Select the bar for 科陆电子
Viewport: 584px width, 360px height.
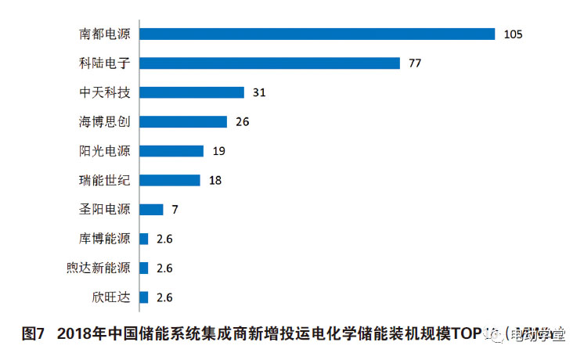[269, 63]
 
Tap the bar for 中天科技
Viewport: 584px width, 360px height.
[192, 92]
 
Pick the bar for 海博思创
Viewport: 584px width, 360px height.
[183, 122]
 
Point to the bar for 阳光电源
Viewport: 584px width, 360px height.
[171, 151]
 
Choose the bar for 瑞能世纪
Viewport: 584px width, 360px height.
[170, 180]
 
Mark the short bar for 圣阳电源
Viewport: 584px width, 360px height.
[151, 210]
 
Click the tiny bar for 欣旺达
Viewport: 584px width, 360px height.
[144, 297]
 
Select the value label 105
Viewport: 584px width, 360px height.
[513, 34]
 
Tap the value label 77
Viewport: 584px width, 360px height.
[415, 63]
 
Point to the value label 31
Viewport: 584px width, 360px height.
[260, 92]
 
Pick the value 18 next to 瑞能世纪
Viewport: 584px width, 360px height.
[215, 180]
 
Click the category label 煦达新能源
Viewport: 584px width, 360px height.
[99, 268]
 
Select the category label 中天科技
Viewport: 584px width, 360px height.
[105, 92]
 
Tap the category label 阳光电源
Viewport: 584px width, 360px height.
[105, 151]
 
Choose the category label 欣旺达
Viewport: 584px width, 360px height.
[111, 297]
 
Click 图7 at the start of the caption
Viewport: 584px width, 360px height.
[32, 334]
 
